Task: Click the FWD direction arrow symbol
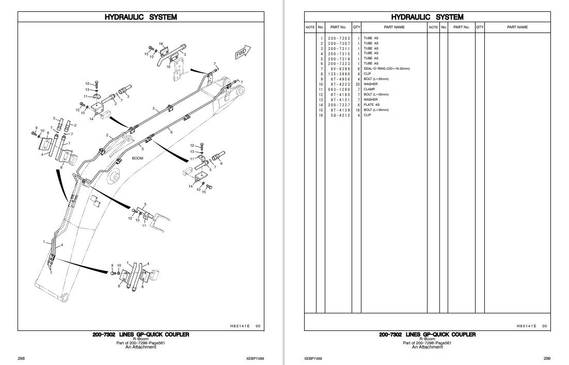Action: coord(242,53)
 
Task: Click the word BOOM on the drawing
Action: coord(137,158)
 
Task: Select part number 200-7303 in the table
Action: coord(339,38)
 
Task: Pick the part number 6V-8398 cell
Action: coord(339,69)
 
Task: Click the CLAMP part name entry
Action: coord(370,89)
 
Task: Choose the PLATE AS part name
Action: coord(371,105)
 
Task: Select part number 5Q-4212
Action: coord(339,115)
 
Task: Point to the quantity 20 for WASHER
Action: coord(357,84)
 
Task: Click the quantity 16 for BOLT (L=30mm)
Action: coord(357,110)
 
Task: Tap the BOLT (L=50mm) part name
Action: coord(375,94)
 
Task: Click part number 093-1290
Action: coord(339,89)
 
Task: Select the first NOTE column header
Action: coord(310,27)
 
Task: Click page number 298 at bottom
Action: coord(21,358)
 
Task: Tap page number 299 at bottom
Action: coord(547,358)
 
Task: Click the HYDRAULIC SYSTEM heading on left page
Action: coord(141,17)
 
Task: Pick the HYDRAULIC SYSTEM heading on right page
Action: coord(427,17)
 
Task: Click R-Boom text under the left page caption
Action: coord(141,339)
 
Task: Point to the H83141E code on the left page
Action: coord(237,326)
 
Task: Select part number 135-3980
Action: coord(339,74)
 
